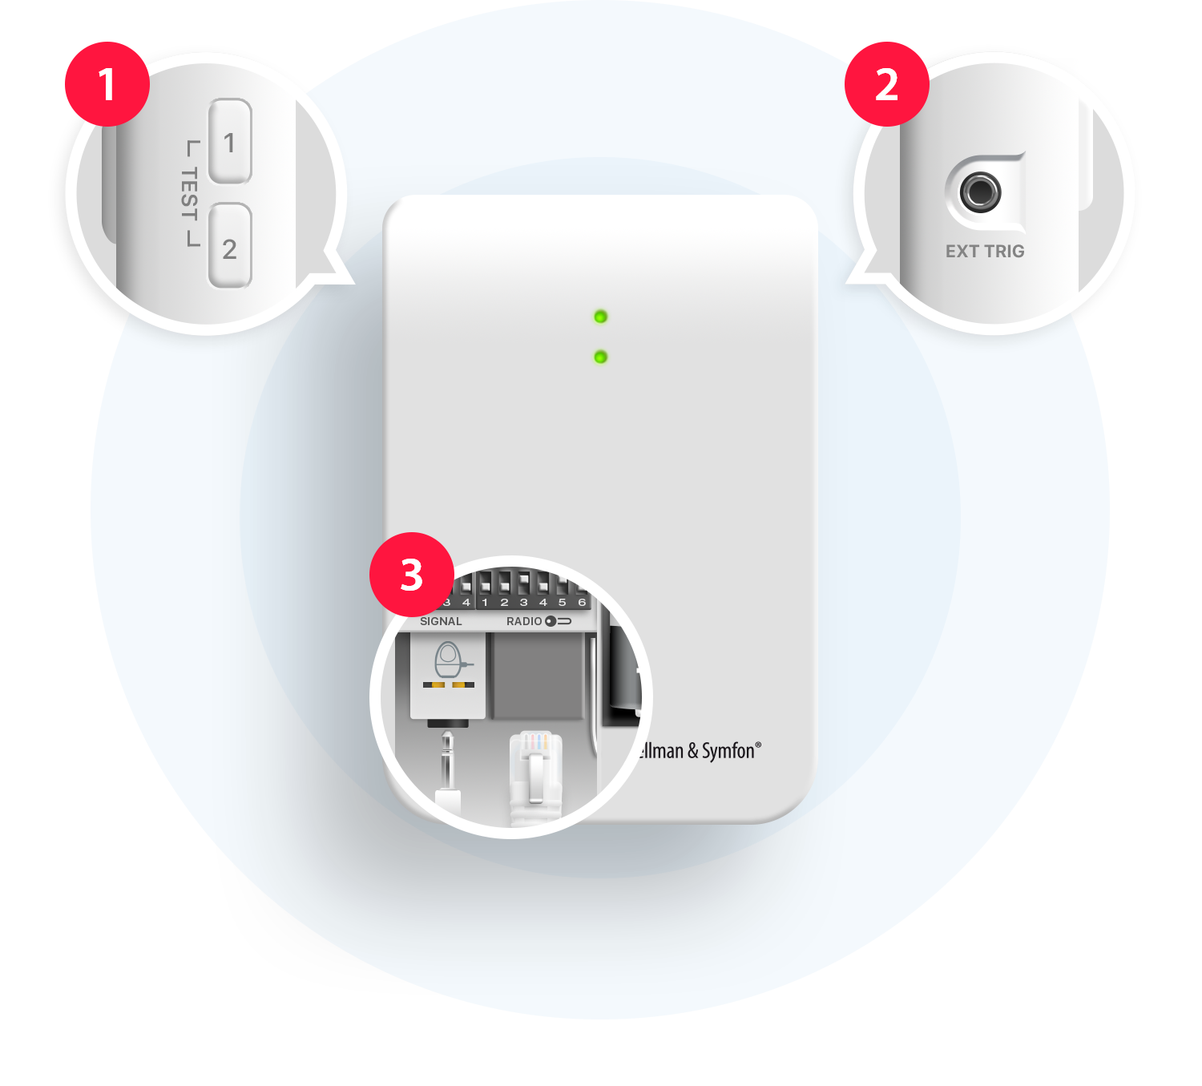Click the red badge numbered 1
(x=107, y=84)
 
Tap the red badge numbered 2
(x=887, y=84)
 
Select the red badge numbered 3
(x=412, y=574)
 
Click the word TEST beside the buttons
(x=189, y=194)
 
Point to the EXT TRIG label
(x=985, y=251)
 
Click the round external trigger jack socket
(x=980, y=192)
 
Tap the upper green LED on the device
(x=600, y=317)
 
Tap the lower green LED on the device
(x=600, y=357)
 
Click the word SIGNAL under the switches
(x=441, y=621)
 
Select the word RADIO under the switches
(x=524, y=621)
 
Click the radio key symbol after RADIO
(x=558, y=621)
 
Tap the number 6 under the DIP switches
(x=581, y=603)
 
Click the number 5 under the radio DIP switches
(x=562, y=603)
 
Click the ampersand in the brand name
(x=692, y=751)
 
